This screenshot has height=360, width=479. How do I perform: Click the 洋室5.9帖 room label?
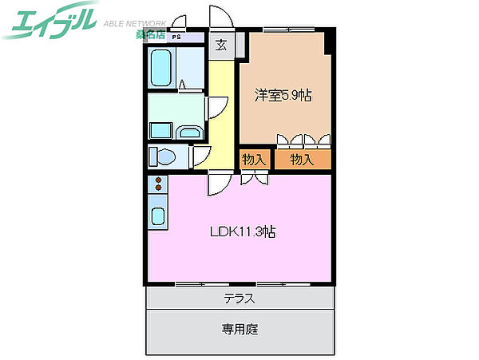[283, 95]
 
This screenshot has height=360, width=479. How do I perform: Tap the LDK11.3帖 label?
[243, 232]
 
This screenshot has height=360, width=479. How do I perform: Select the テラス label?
[239, 299]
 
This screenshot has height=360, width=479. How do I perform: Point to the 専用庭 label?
[239, 328]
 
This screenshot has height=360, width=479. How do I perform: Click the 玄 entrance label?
[221, 45]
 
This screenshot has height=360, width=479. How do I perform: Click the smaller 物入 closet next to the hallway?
[254, 160]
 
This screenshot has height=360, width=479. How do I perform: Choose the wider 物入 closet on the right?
[302, 160]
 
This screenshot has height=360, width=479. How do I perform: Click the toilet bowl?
[161, 155]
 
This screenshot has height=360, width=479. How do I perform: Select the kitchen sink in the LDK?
[157, 216]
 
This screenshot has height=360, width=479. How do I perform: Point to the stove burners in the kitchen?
[157, 185]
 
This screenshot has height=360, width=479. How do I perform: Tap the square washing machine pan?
[160, 131]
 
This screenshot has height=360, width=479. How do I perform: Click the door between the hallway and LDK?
[217, 184]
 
